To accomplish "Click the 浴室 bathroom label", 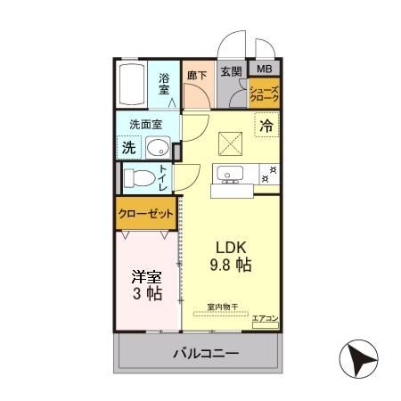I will coord(165,83).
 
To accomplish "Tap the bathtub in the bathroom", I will coord(134,86).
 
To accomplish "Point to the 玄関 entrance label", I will coord(231,72).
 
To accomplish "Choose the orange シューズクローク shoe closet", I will coord(265,94).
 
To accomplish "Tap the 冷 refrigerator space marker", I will coord(266,127).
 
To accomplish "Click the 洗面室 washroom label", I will coord(144,126).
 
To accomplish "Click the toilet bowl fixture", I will coord(138,177).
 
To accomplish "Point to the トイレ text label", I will coord(164,177).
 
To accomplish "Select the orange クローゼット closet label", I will coord(145,215).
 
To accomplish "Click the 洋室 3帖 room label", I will coord(146,283).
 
